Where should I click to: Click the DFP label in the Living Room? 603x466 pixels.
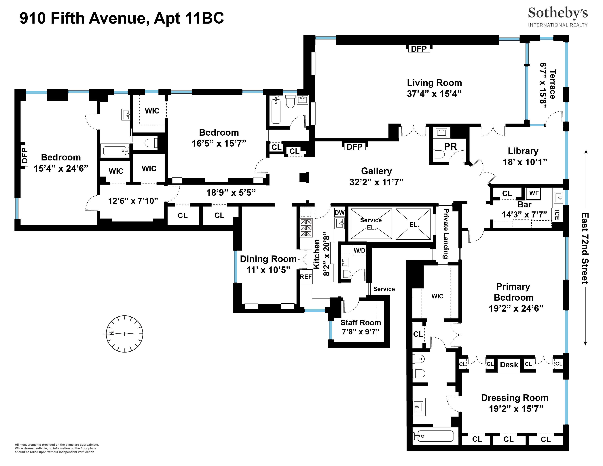(419, 49)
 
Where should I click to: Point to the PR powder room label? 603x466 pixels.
(450, 146)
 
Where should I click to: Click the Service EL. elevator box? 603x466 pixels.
(371, 224)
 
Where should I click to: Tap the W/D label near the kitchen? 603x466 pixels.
(359, 250)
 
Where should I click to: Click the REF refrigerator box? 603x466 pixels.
(306, 277)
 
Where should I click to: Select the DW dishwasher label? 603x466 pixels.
(339, 213)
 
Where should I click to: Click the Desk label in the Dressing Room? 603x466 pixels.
(509, 365)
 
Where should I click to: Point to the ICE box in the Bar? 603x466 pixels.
(557, 215)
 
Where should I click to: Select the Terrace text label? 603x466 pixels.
(552, 84)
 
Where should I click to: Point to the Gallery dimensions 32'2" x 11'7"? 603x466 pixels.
(376, 182)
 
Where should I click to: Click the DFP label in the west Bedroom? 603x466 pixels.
(24, 156)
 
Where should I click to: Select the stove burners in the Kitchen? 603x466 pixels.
(306, 228)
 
